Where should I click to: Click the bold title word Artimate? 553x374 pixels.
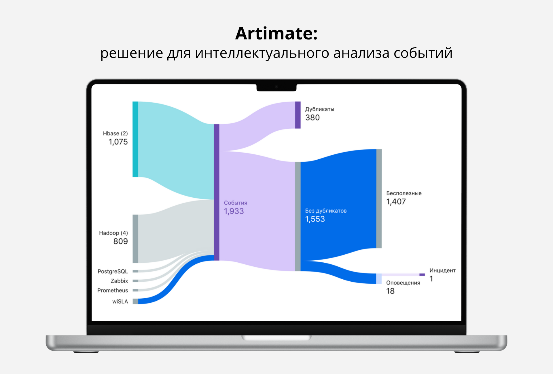tap(276, 33)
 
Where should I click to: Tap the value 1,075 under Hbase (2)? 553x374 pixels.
tap(118, 142)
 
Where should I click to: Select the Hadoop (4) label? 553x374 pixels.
tap(113, 233)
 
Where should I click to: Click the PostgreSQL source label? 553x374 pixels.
tap(113, 272)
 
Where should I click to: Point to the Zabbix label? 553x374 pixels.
tap(119, 281)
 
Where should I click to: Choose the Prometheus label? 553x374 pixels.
tap(113, 290)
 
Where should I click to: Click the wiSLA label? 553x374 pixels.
tap(120, 302)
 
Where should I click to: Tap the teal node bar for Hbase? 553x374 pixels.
tap(135, 139)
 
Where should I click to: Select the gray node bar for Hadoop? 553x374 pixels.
tap(135, 239)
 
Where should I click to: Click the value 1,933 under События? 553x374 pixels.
tap(234, 211)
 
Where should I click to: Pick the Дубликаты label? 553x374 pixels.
tap(320, 109)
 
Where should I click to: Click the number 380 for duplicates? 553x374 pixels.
tap(313, 118)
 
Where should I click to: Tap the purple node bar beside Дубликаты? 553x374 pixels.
tap(298, 115)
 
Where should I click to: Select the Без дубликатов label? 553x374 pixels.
tap(326, 211)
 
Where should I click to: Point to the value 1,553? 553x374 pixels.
tap(315, 220)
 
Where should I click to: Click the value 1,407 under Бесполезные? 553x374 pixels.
tap(396, 202)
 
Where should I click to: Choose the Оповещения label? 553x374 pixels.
tap(403, 283)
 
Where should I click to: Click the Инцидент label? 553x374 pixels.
tap(442, 270)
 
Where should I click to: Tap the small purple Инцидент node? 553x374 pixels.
tap(422, 275)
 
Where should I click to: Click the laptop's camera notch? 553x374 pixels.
tap(276, 87)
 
